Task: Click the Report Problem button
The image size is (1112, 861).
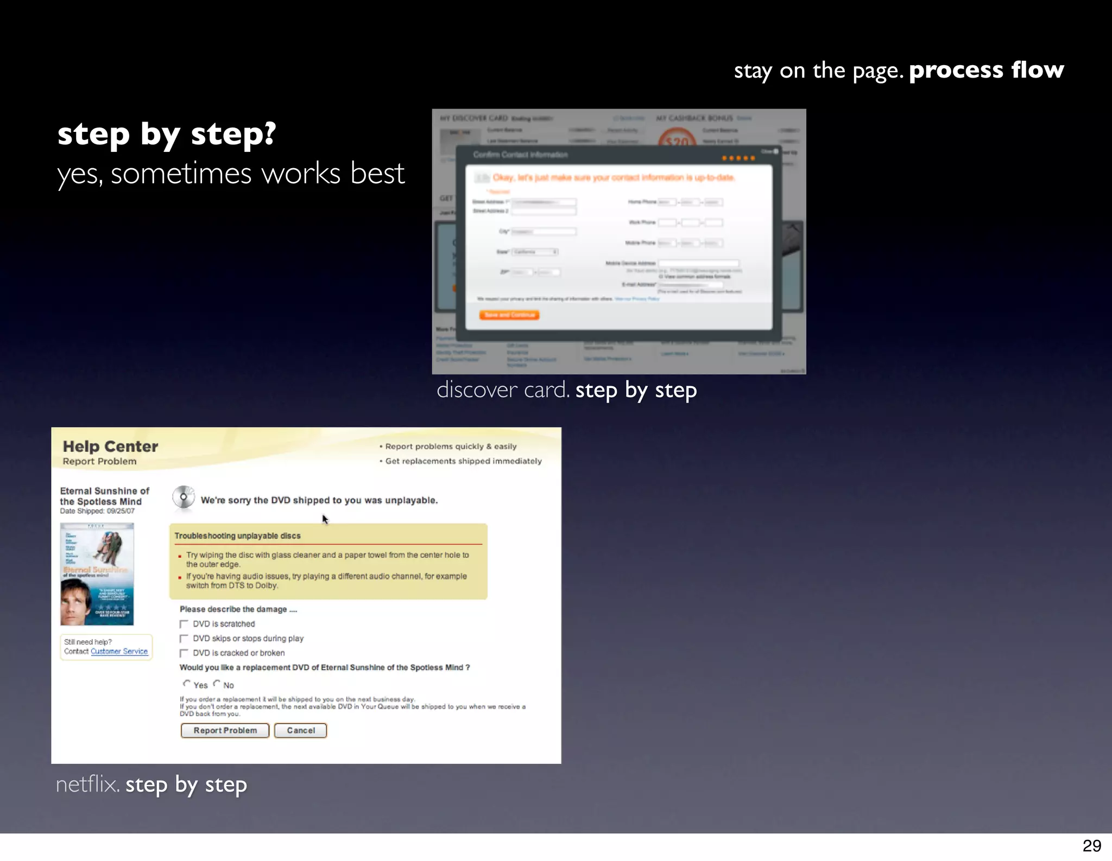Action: tap(225, 730)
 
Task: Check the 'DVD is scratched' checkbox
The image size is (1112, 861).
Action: tap(184, 624)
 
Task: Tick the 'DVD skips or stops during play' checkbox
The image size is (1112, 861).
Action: tap(184, 639)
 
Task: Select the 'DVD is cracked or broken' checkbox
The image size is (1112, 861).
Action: tap(184, 653)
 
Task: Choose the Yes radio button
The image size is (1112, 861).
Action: tap(187, 684)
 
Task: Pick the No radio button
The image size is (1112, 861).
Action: tap(217, 684)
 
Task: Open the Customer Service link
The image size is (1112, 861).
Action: tap(119, 651)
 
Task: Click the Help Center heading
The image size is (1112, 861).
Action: tap(110, 447)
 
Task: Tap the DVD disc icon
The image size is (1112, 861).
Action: tap(184, 497)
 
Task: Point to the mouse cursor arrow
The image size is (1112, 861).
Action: tap(324, 519)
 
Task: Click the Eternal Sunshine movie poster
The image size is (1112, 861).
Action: tap(97, 574)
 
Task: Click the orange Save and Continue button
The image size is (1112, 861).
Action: tap(509, 315)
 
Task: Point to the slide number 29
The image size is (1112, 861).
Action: tap(1091, 845)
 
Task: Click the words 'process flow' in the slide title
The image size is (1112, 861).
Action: tap(986, 70)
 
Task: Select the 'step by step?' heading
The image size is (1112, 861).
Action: tap(167, 133)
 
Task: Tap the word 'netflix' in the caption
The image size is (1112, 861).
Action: tap(87, 784)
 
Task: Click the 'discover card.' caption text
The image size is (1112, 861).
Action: tap(503, 390)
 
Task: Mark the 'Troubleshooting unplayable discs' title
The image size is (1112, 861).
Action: tap(237, 535)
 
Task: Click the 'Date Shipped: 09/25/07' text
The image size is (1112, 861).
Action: tap(97, 511)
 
